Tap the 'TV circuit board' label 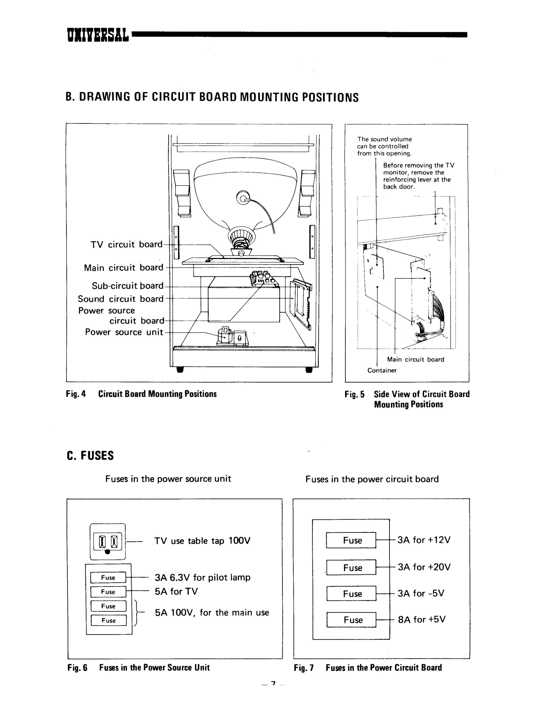[x=126, y=245]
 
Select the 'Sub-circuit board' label [x=128, y=286]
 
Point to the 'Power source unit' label [x=124, y=332]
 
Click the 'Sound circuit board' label [x=121, y=299]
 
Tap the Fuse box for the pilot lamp [x=108, y=578]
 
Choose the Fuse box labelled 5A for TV [x=108, y=592]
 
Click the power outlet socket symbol [x=107, y=542]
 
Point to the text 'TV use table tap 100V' [x=202, y=541]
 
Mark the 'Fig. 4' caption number [x=76, y=394]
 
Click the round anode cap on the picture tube [x=243, y=198]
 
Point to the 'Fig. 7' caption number [x=304, y=668]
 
